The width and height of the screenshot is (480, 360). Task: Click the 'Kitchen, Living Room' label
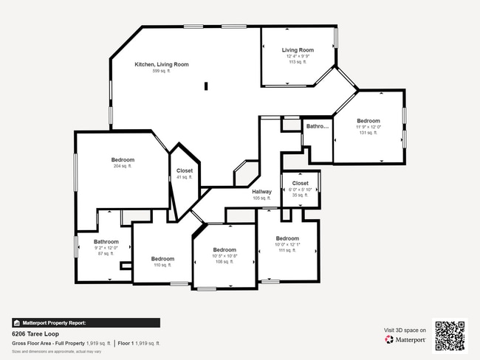coord(161,65)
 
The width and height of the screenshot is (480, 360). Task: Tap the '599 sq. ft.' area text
coord(161,72)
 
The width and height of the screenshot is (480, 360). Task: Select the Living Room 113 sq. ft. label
coord(298,50)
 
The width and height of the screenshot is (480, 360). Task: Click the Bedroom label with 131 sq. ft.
coord(368,121)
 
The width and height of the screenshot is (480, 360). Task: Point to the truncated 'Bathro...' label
coord(317,126)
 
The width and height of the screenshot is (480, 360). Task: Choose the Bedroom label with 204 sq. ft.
coord(123,160)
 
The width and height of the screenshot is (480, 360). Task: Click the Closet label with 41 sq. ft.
coord(184,170)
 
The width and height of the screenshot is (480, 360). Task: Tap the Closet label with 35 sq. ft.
coord(300,183)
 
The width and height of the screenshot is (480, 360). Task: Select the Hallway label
coord(262,192)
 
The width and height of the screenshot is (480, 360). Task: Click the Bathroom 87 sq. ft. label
coord(106,241)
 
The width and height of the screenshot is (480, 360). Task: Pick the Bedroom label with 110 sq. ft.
coord(162,259)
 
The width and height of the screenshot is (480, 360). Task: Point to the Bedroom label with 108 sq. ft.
coord(224,250)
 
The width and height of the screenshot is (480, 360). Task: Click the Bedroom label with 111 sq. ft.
coord(287,238)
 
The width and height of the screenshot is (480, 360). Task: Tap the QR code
coord(450,336)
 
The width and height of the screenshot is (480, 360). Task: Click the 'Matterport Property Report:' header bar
coord(85,322)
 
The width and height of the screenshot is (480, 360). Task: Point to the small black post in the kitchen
coord(206,86)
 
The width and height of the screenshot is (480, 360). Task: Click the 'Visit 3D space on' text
coord(405,330)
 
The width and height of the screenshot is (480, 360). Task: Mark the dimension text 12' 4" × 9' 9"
coord(298,57)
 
